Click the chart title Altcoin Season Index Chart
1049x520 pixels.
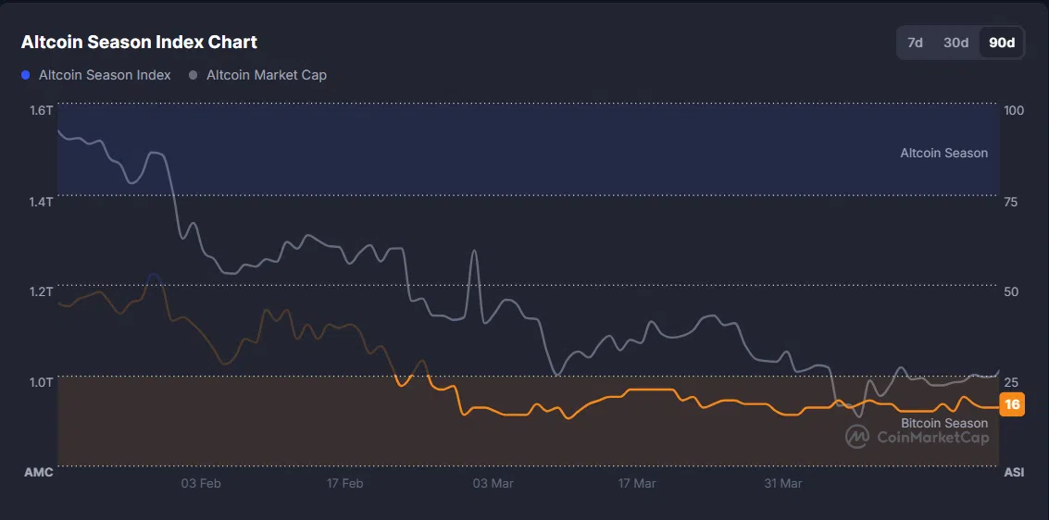[139, 42]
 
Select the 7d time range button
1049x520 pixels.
[915, 43]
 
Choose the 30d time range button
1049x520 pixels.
[955, 43]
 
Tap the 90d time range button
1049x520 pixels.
[1002, 43]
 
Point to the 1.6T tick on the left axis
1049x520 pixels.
[42, 110]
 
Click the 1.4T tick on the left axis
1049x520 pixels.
[42, 201]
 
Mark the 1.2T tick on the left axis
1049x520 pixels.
[42, 291]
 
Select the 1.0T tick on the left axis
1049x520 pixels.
[42, 381]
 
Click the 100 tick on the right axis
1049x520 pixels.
[1014, 110]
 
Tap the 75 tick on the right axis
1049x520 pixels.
[1011, 201]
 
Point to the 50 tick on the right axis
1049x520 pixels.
[1011, 291]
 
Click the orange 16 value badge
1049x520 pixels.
[1012, 404]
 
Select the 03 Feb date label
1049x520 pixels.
[201, 483]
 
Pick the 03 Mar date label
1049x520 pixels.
[493, 483]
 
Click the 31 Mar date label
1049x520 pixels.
[783, 483]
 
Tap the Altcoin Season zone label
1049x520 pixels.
[943, 153]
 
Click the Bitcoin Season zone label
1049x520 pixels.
[943, 423]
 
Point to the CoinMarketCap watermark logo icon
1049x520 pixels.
[856, 436]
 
